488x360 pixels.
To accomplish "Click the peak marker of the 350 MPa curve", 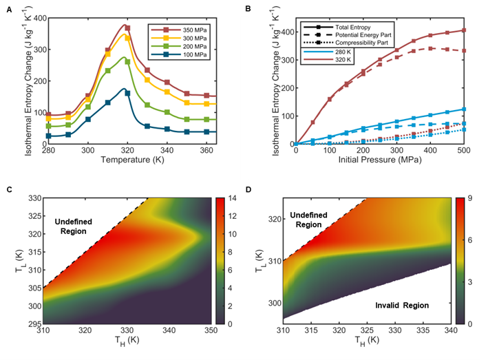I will tap(127, 28).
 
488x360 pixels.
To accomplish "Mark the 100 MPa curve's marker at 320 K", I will tap(127, 94).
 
